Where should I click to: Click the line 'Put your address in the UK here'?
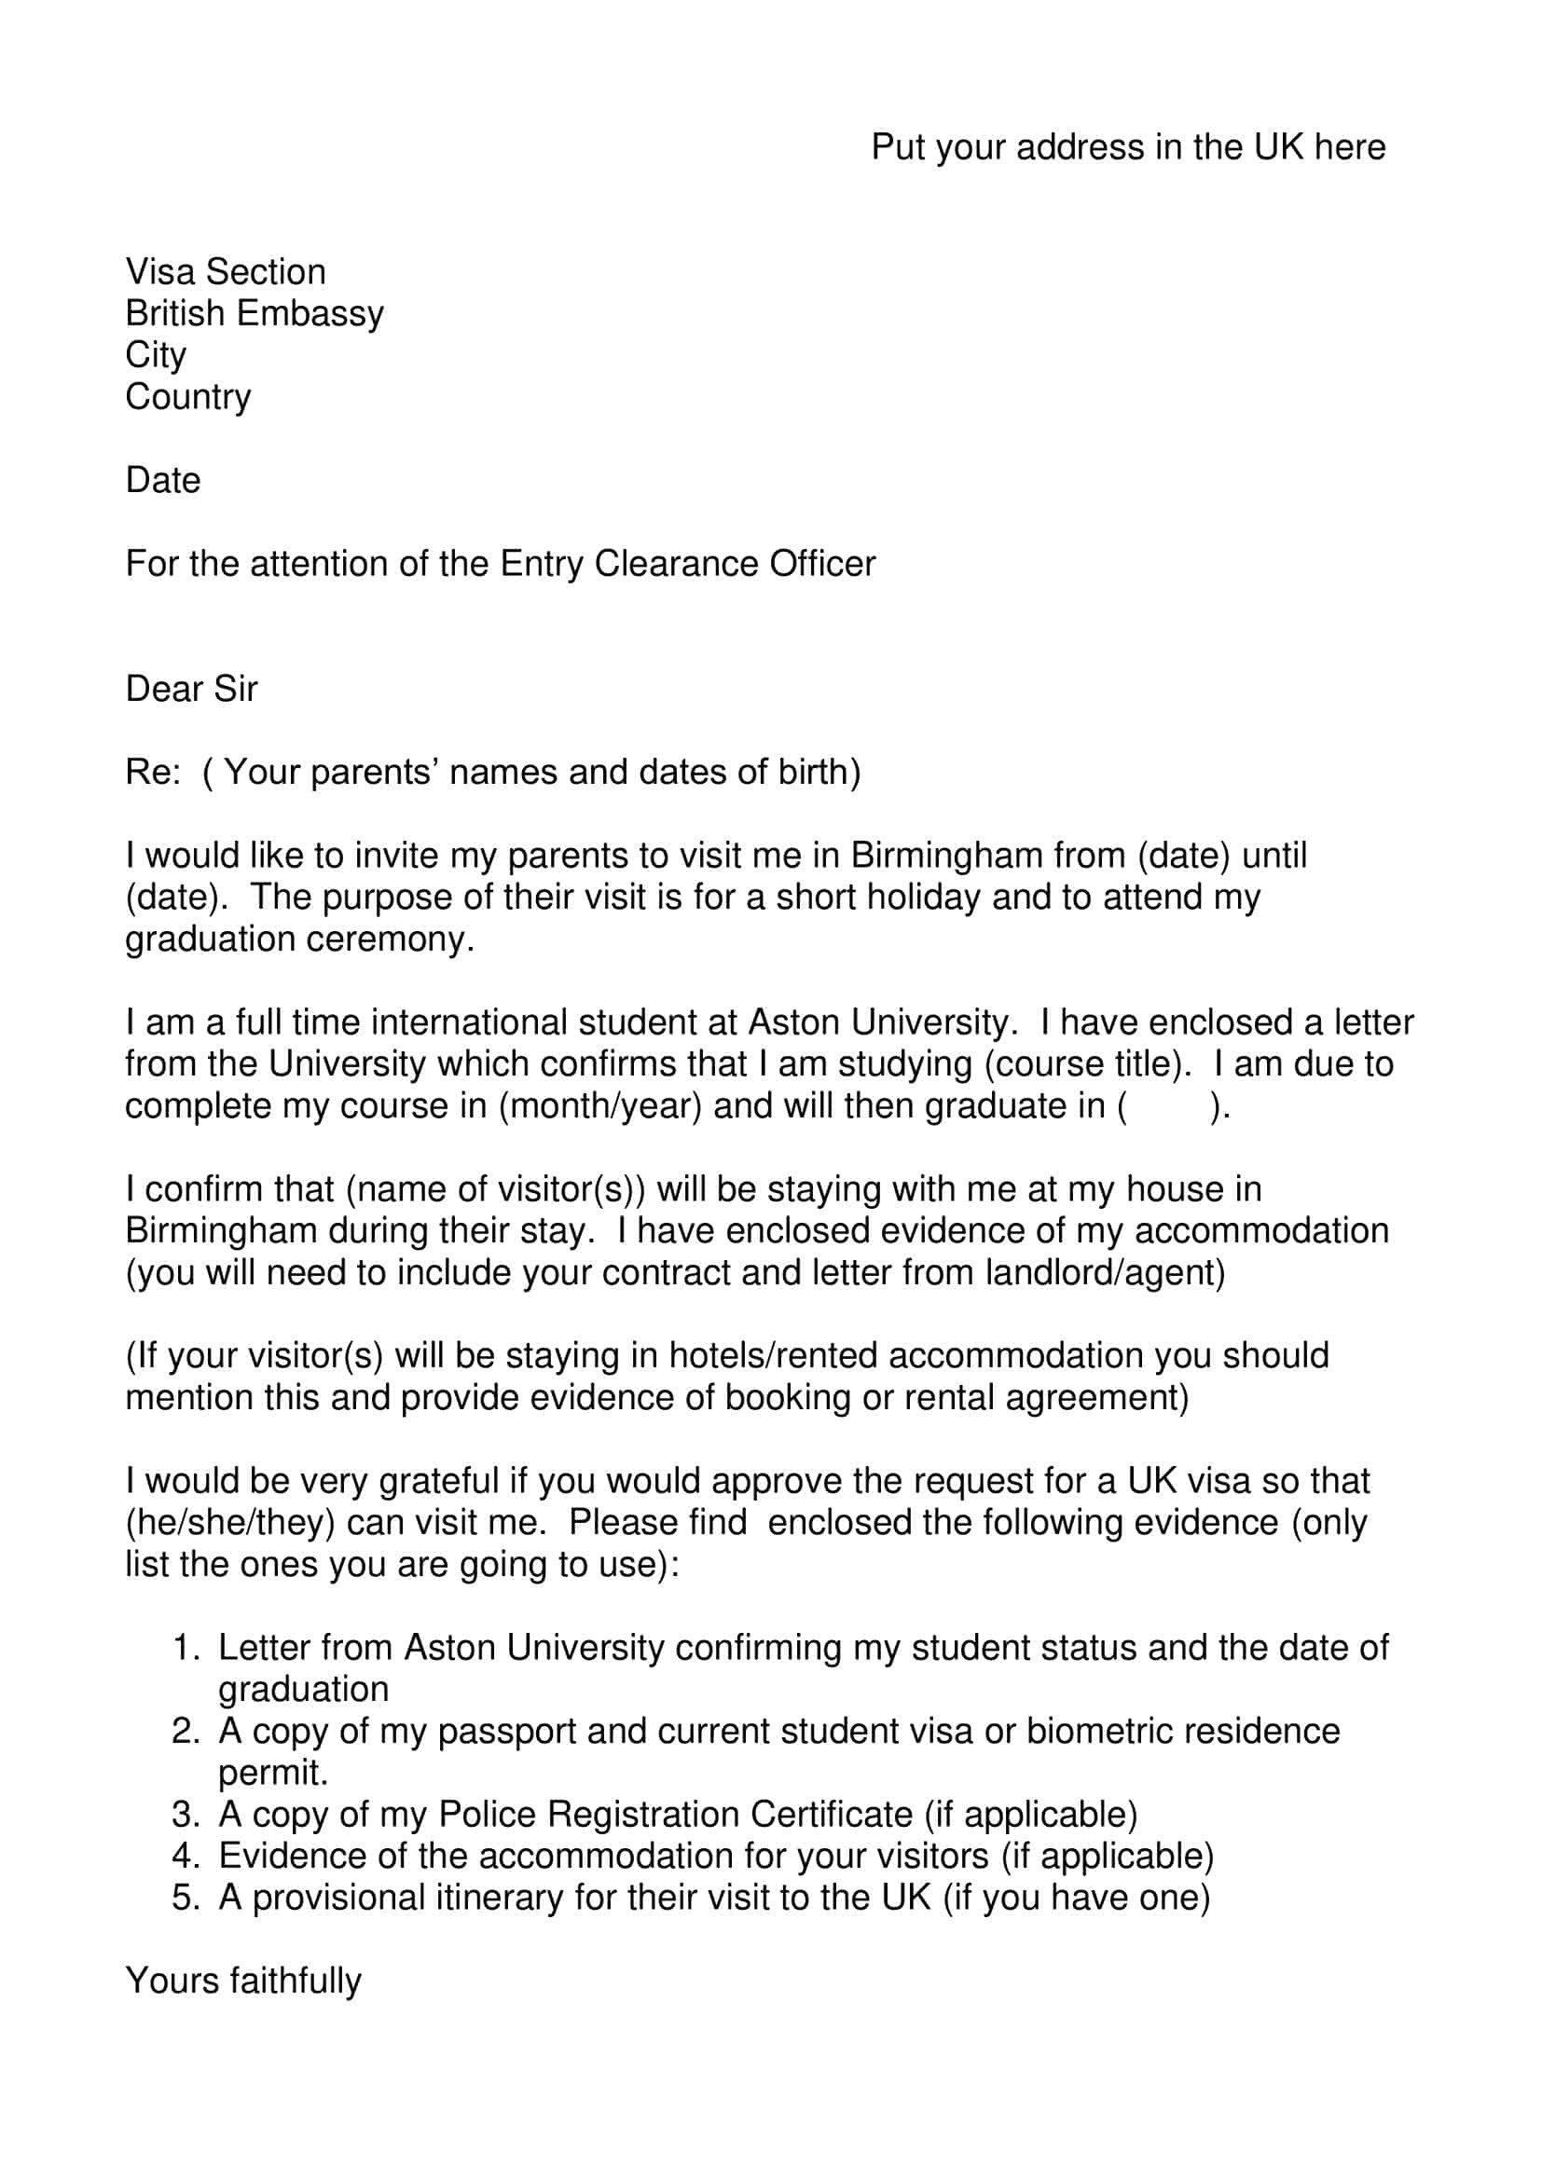1128,147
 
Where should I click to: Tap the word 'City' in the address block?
156,355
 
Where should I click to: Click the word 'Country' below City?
188,397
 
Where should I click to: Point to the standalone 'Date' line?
163,480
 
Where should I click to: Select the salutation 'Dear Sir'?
191,689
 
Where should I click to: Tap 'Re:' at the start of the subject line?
153,772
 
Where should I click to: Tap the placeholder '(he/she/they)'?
230,1523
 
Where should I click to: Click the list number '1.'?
186,1647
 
